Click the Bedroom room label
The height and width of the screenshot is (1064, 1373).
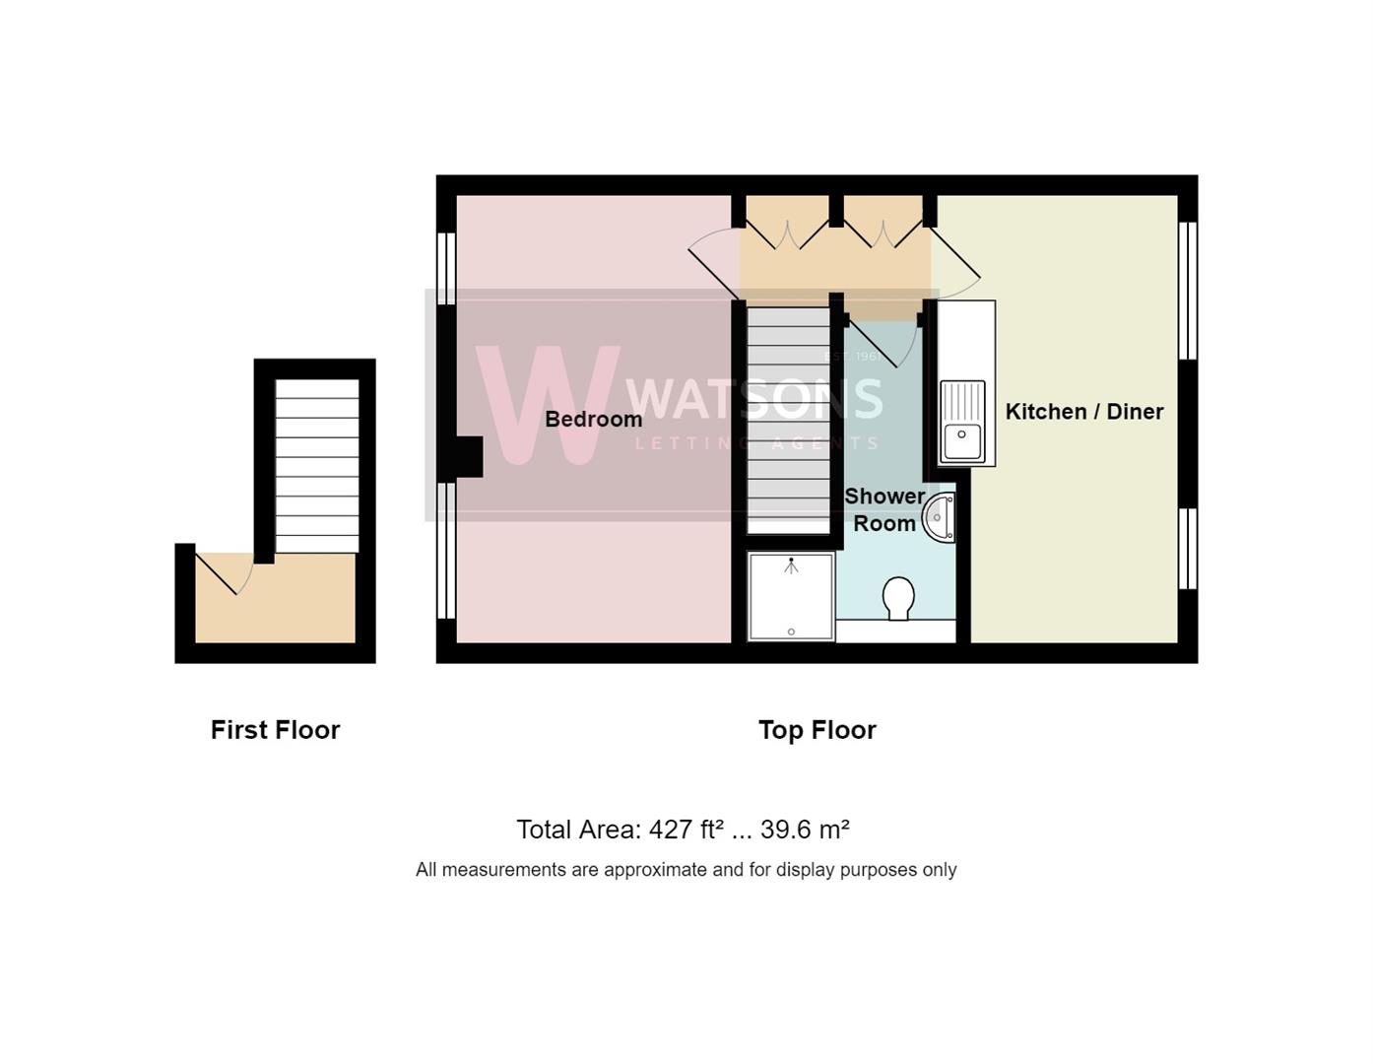tap(593, 419)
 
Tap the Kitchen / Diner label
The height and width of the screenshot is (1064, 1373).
tap(1084, 412)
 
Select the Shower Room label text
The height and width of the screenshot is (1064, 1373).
tap(884, 510)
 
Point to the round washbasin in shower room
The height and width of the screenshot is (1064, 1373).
tap(939, 517)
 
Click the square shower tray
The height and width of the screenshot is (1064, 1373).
tap(791, 596)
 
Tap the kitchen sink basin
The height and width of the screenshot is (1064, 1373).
tap(962, 441)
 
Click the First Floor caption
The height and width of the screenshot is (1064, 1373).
tap(275, 730)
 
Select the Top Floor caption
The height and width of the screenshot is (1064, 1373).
tap(817, 730)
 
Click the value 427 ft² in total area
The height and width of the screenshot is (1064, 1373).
tap(686, 829)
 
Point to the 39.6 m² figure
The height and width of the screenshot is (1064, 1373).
tap(805, 829)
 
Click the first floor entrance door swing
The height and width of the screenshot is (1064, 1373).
tap(224, 573)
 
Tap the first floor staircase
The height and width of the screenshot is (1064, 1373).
tap(317, 466)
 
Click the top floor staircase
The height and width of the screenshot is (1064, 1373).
tap(788, 420)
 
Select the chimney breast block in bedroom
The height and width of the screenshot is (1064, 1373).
tap(469, 457)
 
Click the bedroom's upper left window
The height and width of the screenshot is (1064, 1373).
tap(446, 269)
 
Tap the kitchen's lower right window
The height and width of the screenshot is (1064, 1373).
tap(1187, 549)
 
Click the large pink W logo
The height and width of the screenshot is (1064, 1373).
tap(548, 405)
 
